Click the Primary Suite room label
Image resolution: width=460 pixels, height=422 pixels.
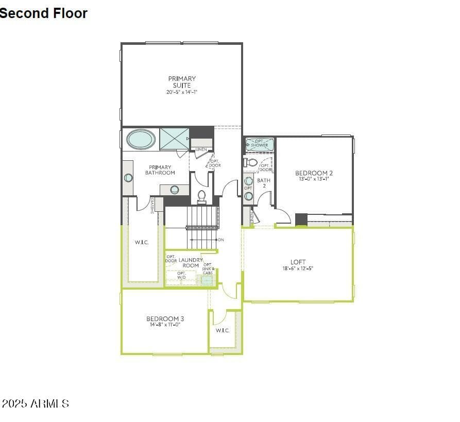182,82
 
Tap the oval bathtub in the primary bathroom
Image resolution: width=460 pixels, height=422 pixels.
141,139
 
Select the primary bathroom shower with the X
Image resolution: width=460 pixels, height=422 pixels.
174,138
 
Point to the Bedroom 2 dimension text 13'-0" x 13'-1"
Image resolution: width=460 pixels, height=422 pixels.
314,179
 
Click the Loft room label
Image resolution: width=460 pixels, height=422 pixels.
298,262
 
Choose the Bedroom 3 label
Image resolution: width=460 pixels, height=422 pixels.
165,319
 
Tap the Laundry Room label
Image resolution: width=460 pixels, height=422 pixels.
190,263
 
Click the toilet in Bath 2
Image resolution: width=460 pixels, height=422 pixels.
251,162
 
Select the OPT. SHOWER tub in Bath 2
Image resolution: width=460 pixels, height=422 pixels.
259,144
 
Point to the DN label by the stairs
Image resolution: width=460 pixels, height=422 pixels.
221,240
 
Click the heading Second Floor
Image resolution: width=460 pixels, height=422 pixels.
44,13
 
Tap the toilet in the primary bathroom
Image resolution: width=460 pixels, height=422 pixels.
201,196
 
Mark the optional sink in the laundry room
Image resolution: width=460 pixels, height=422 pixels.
207,280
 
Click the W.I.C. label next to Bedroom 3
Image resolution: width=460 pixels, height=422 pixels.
222,330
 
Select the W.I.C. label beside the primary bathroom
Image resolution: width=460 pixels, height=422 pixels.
142,242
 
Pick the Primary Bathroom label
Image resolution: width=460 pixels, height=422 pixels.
160,170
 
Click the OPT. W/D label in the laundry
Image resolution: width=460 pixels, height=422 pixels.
181,275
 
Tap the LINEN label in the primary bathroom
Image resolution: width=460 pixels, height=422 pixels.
201,149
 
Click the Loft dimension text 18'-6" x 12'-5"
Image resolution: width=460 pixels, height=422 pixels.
298,268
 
